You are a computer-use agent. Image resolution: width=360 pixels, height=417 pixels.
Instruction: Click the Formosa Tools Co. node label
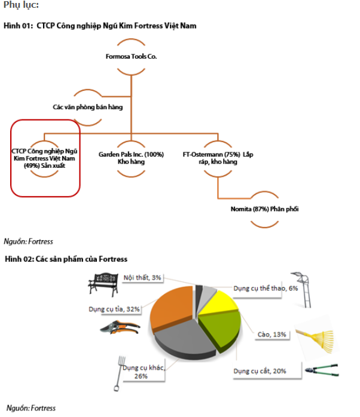131,57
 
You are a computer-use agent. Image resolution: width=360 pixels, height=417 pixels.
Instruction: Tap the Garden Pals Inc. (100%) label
131,158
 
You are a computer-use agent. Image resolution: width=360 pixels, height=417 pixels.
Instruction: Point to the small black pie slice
198,292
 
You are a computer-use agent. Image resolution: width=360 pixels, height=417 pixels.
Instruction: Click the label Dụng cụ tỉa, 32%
114,309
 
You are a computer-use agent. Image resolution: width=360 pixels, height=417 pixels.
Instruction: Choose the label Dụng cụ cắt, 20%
260,371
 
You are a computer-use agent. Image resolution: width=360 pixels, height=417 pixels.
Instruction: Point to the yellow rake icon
318,335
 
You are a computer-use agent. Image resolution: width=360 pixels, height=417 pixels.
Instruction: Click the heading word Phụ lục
22,5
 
